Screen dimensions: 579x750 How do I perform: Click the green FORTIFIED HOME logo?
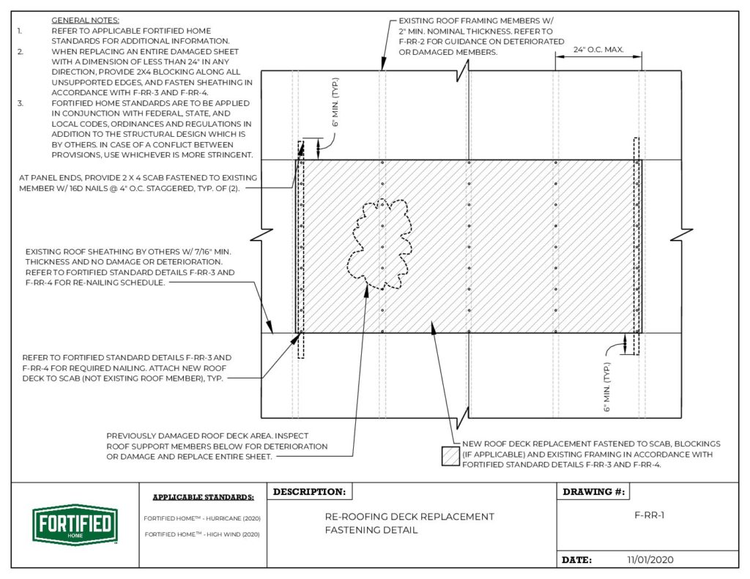(x=75, y=524)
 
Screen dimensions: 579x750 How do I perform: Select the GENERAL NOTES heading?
(x=86, y=20)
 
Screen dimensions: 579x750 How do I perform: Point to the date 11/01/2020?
(x=650, y=559)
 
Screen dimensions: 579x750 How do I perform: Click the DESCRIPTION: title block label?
(x=308, y=492)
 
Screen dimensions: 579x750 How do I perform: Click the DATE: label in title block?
(x=576, y=560)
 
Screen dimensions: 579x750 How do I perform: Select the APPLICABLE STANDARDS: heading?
(x=203, y=498)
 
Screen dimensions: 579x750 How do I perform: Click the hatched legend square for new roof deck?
(x=449, y=455)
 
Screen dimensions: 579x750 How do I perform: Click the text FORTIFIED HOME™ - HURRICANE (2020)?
(x=203, y=518)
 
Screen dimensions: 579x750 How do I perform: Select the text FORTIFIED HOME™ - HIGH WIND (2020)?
(x=203, y=534)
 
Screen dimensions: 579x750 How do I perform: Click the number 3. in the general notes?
(x=20, y=103)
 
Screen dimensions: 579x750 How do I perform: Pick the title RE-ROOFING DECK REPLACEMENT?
(x=409, y=517)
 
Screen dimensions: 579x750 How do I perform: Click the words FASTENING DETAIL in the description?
(x=371, y=530)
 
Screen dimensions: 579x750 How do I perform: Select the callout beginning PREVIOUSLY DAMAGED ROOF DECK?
(x=217, y=446)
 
